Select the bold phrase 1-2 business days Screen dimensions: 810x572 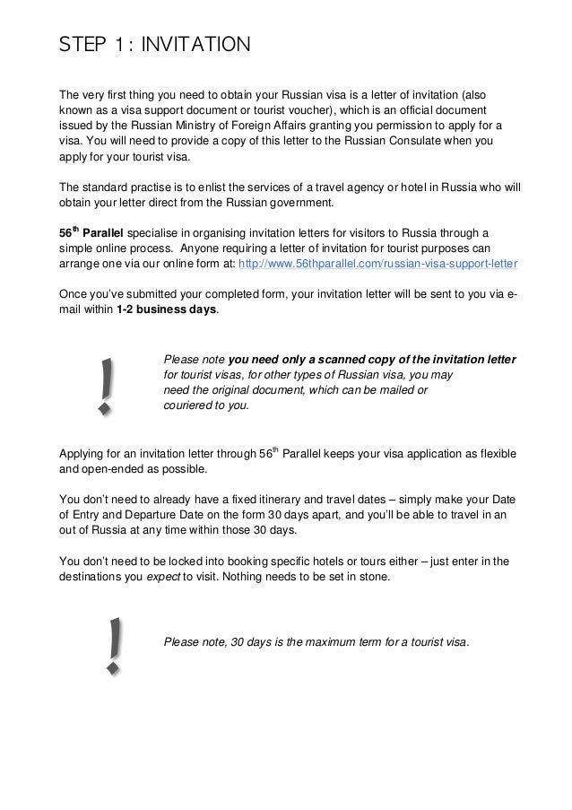[x=167, y=309]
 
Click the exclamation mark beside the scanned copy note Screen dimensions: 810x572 [x=107, y=386]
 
